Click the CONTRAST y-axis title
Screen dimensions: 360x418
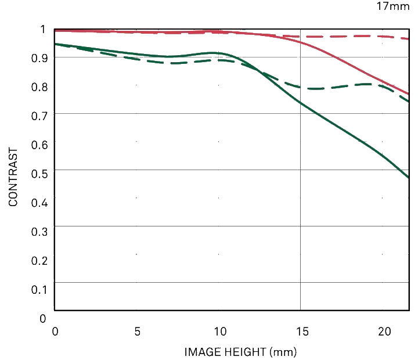(13, 177)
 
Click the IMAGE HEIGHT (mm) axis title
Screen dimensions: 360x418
(241, 351)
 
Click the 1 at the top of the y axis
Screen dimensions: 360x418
(42, 29)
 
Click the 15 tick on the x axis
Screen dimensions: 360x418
(301, 332)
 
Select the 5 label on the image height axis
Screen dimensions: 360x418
(137, 332)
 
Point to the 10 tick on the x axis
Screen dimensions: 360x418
(219, 332)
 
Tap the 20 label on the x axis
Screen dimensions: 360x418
(384, 332)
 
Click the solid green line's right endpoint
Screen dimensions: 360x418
(409, 178)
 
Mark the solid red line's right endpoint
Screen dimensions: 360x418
(409, 93)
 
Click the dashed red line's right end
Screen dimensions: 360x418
(409, 39)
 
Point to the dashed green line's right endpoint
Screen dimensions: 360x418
(409, 102)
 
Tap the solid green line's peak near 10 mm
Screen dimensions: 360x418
(214, 53)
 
